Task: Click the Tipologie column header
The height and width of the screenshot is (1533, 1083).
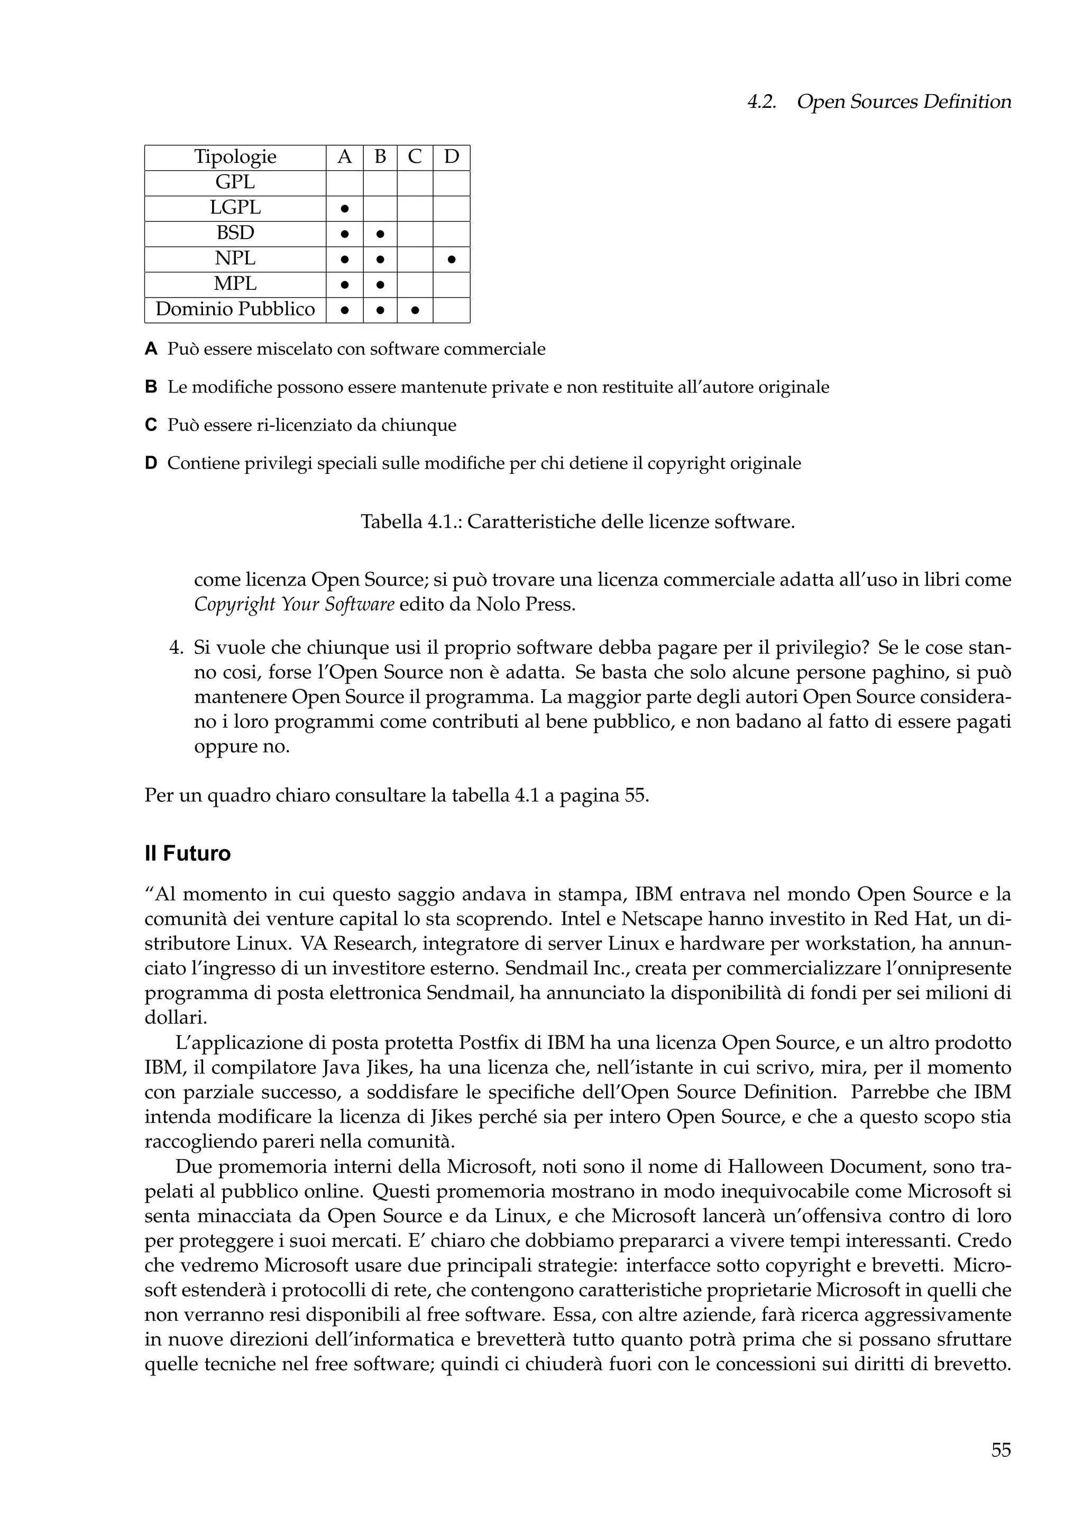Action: pyautogui.click(x=235, y=157)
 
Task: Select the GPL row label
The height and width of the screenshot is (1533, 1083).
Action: pyautogui.click(x=235, y=182)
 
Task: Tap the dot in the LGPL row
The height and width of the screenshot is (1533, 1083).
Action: pyautogui.click(x=344, y=208)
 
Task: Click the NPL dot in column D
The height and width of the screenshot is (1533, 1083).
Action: pyautogui.click(x=452, y=259)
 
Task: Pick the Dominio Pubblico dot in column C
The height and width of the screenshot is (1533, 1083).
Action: pyautogui.click(x=415, y=311)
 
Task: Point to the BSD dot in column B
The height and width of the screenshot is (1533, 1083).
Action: pyautogui.click(x=380, y=234)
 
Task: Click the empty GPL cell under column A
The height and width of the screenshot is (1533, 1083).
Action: pyautogui.click(x=344, y=183)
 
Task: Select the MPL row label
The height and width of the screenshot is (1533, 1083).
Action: pyautogui.click(x=235, y=284)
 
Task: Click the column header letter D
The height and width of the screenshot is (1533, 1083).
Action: pyautogui.click(x=452, y=157)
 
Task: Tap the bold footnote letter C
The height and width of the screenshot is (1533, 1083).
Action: pyautogui.click(x=151, y=425)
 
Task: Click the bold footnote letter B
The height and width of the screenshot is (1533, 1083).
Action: pyautogui.click(x=151, y=387)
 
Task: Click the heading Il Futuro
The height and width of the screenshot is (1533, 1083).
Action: pyautogui.click(x=188, y=854)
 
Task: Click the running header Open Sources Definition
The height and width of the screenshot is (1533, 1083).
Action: pyautogui.click(x=904, y=102)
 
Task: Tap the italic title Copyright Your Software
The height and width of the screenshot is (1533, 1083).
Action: pyautogui.click(x=293, y=605)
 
